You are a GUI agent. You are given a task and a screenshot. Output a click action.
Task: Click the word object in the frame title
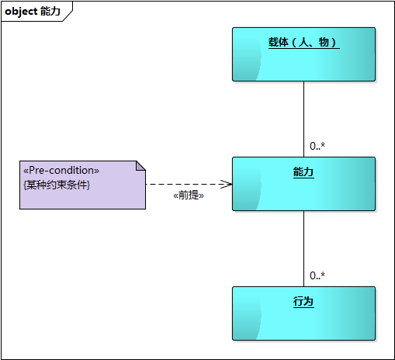[x=21, y=12]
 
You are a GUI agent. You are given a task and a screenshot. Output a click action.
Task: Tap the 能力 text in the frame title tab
[x=50, y=11]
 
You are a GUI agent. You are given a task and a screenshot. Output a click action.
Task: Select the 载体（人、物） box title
[x=303, y=42]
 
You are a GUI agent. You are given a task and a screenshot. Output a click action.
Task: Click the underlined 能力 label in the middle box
[x=303, y=172]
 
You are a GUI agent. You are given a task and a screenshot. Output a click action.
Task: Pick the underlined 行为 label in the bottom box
[x=303, y=302]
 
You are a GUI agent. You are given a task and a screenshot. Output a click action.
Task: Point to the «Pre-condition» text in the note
[x=61, y=171]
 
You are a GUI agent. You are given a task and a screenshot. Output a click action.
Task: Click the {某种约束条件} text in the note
[x=57, y=185]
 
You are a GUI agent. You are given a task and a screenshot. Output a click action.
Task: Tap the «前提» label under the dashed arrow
[x=189, y=196]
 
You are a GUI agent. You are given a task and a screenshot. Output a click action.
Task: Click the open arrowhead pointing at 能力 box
[x=227, y=184]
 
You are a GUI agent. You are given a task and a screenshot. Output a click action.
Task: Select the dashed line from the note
[x=189, y=184]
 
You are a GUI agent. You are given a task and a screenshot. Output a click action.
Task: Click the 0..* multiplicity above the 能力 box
[x=317, y=146]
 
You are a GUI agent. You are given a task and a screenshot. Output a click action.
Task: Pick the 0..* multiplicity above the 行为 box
[x=317, y=275]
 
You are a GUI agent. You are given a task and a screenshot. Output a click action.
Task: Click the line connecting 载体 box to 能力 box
[x=303, y=119]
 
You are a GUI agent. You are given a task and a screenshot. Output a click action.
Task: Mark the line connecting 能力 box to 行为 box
[x=303, y=249]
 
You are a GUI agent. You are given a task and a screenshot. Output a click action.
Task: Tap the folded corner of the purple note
[x=141, y=166]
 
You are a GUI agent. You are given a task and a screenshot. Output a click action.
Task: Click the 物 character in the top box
[x=324, y=42]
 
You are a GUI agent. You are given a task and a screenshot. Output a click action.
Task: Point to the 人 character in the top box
[x=303, y=42]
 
